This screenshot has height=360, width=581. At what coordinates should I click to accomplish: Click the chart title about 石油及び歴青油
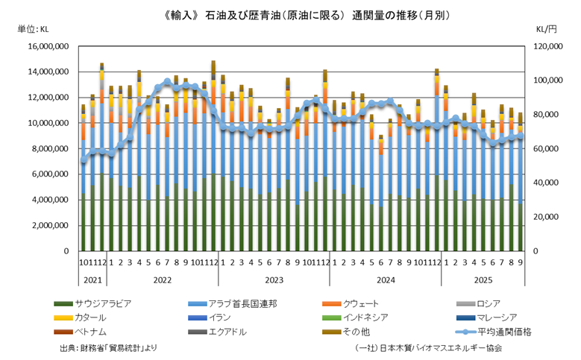click(x=290, y=14)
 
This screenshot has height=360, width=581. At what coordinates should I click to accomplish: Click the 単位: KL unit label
click(x=32, y=29)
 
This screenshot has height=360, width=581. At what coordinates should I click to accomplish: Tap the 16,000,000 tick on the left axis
click(x=48, y=46)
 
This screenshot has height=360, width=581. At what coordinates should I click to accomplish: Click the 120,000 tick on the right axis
click(x=548, y=46)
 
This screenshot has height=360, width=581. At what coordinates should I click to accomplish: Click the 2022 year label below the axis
click(x=163, y=280)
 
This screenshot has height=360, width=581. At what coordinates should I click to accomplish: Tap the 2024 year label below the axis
click(x=386, y=280)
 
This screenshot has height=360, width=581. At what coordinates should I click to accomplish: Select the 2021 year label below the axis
click(x=92, y=280)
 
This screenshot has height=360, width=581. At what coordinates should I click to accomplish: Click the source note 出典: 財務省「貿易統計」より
click(x=108, y=348)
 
